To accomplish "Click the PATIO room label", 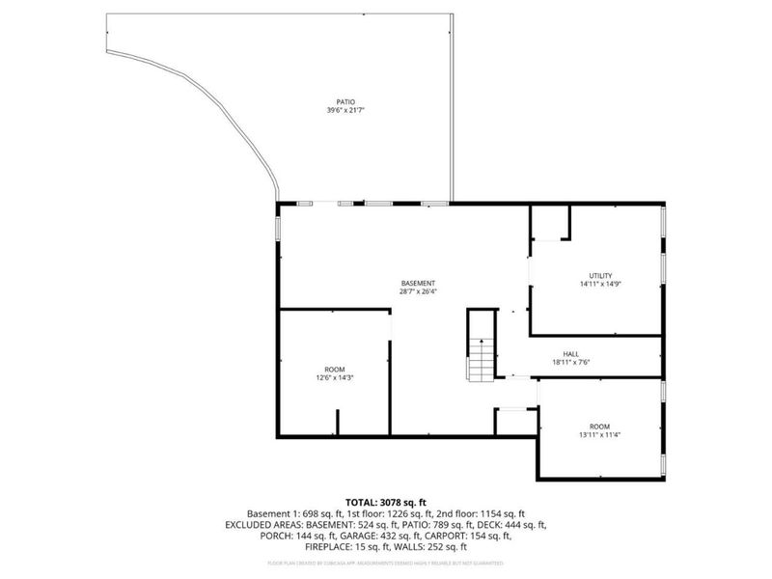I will [x=345, y=101].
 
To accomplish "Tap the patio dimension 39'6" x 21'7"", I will [x=345, y=111].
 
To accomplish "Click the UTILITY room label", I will [x=601, y=275].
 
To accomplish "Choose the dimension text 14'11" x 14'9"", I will [x=601, y=285].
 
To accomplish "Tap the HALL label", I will [x=571, y=354].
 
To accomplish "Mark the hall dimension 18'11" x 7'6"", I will [x=571, y=364].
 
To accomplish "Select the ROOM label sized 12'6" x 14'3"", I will [x=335, y=369].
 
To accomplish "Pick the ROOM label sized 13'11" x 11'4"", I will [x=599, y=426].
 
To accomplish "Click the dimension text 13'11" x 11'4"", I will [x=599, y=435].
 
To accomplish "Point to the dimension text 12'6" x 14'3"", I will [x=335, y=378].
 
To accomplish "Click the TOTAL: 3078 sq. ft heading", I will [x=385, y=503].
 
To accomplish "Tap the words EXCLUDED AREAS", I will [x=262, y=525].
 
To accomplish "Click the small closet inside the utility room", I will [x=551, y=223].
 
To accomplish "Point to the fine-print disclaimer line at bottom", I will [x=385, y=562].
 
